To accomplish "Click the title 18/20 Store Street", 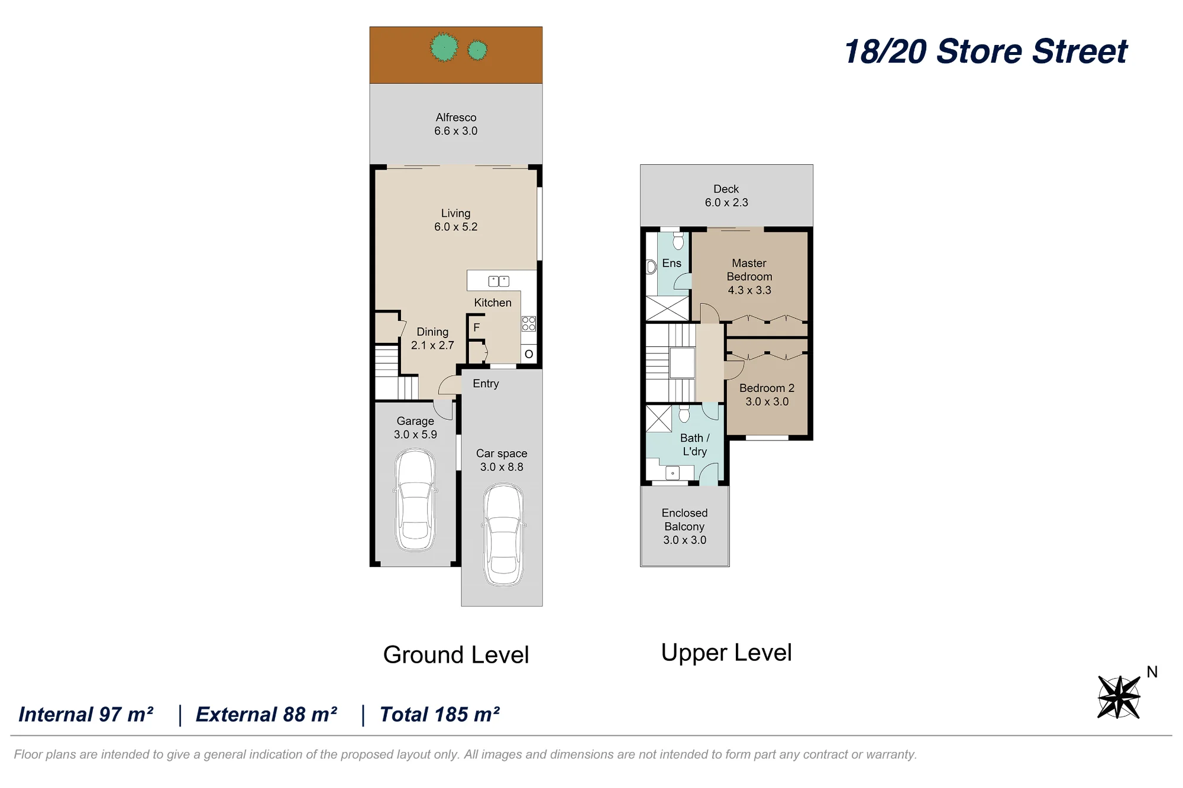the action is [986, 51].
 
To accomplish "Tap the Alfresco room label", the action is [456, 124].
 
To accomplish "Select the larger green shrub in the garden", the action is [444, 47].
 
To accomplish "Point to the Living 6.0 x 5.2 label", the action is [456, 220].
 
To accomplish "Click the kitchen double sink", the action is [499, 281].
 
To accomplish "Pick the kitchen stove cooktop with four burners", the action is [529, 323].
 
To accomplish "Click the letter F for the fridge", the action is [477, 327].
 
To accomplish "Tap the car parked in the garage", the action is [415, 500].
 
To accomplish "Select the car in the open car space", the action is [503, 535].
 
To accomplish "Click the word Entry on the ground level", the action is [486, 384].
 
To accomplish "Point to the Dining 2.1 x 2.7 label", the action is [432, 339].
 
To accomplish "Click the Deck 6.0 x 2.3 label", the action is [726, 196].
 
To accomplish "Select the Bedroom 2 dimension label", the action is [767, 401].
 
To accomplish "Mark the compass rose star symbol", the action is [1119, 697].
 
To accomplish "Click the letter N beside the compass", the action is [1152, 672].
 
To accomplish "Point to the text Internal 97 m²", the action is [86, 715].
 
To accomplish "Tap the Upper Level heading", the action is [726, 653].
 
